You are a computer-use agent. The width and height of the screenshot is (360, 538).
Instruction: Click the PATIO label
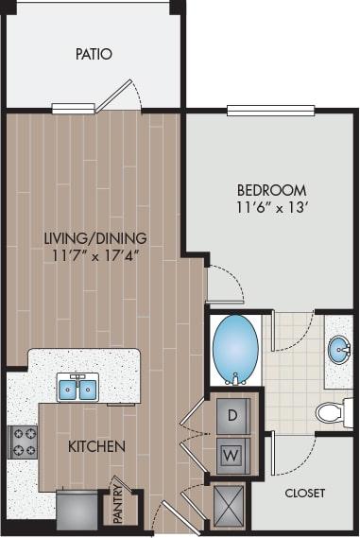[x=94, y=54]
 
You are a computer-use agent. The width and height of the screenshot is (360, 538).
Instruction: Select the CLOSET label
[x=304, y=494]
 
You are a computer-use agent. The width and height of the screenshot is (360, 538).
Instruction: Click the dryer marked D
[x=232, y=412]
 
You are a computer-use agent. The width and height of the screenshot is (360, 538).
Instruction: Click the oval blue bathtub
[x=233, y=347]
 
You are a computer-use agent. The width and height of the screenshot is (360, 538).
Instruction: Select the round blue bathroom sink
[x=339, y=350]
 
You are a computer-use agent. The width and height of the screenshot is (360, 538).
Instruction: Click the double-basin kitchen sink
[x=77, y=388]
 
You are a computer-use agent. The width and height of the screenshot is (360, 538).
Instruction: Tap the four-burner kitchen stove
[x=23, y=441]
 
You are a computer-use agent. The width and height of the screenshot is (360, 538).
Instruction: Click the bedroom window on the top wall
[x=270, y=110]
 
